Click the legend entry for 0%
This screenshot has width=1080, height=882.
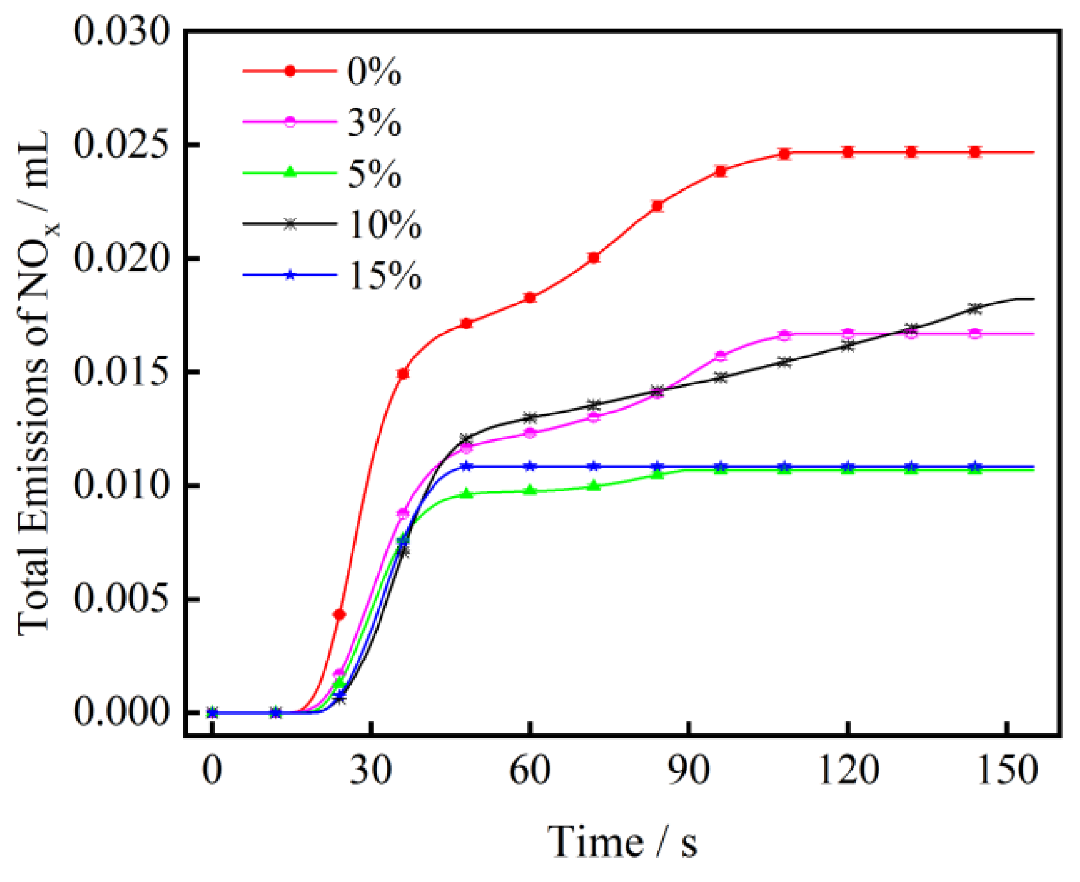click(374, 72)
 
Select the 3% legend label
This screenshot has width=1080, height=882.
click(374, 122)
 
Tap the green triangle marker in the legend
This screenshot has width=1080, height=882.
click(290, 172)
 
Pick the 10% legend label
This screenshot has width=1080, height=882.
click(385, 224)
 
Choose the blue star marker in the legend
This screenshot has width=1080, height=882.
click(290, 275)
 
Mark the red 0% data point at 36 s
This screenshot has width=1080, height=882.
click(403, 373)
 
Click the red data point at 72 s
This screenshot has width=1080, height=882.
click(593, 258)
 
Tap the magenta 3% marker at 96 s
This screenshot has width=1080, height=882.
click(720, 356)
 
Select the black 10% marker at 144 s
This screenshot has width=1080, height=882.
click(975, 309)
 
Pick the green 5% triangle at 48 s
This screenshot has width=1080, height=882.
click(467, 493)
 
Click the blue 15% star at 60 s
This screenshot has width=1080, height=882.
click(530, 466)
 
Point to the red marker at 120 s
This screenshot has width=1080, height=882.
click(848, 152)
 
